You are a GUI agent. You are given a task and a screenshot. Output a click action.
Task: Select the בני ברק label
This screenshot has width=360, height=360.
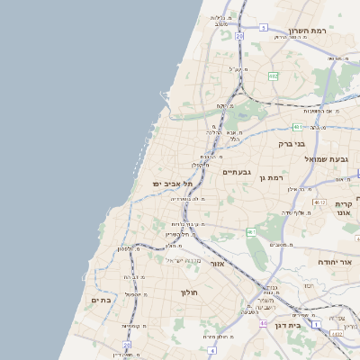[291, 143]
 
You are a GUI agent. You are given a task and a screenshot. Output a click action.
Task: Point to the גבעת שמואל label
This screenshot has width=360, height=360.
[326, 158]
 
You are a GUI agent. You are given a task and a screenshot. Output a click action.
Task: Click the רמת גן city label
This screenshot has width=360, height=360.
[270, 178]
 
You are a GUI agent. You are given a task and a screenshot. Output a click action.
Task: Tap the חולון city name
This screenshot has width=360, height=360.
[189, 292]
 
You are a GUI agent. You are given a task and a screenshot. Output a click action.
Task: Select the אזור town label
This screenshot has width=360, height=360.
[216, 264]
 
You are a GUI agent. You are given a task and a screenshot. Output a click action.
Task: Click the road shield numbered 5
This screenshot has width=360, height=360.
[263, 28]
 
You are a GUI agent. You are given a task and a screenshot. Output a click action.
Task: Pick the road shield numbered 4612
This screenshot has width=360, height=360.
[319, 202]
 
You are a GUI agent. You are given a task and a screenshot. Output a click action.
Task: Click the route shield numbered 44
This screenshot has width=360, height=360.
[263, 322]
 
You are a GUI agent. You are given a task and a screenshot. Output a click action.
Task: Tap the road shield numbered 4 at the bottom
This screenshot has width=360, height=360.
[211, 348]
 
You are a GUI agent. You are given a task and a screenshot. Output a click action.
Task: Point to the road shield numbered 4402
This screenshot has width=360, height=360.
[337, 334]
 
